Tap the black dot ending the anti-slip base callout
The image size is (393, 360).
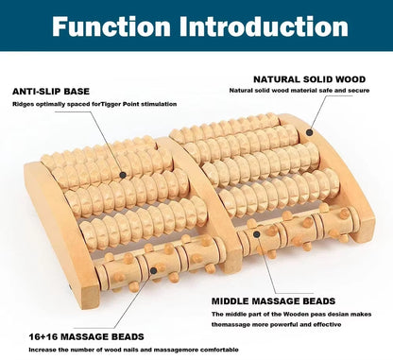(122, 175)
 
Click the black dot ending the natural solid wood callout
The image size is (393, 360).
(309, 131)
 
